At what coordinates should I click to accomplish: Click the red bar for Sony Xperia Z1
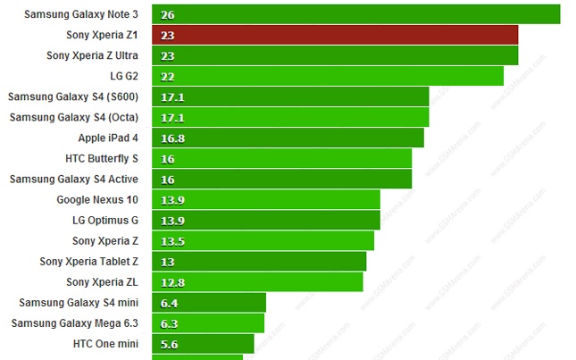tap(335, 35)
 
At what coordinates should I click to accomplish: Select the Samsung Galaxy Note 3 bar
tap(355, 14)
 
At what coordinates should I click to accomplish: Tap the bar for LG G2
tap(328, 76)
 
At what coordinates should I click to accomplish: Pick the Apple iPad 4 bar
tap(288, 138)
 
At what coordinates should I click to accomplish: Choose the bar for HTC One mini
tap(203, 343)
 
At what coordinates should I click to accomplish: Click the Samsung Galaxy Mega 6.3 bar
tap(208, 322)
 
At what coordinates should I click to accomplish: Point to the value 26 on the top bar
tap(168, 15)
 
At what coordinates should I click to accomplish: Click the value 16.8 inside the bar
tap(172, 138)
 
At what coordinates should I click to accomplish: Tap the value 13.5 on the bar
tap(172, 240)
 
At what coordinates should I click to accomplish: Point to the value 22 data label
tap(168, 76)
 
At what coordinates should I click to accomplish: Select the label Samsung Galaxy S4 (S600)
tap(73, 96)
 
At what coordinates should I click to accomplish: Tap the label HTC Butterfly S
tap(102, 158)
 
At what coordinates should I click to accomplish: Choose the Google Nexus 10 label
tap(97, 199)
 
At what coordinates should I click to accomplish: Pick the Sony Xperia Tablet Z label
tap(89, 261)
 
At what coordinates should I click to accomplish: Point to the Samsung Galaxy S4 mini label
tap(79, 302)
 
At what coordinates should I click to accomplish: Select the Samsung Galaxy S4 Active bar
tap(281, 179)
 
